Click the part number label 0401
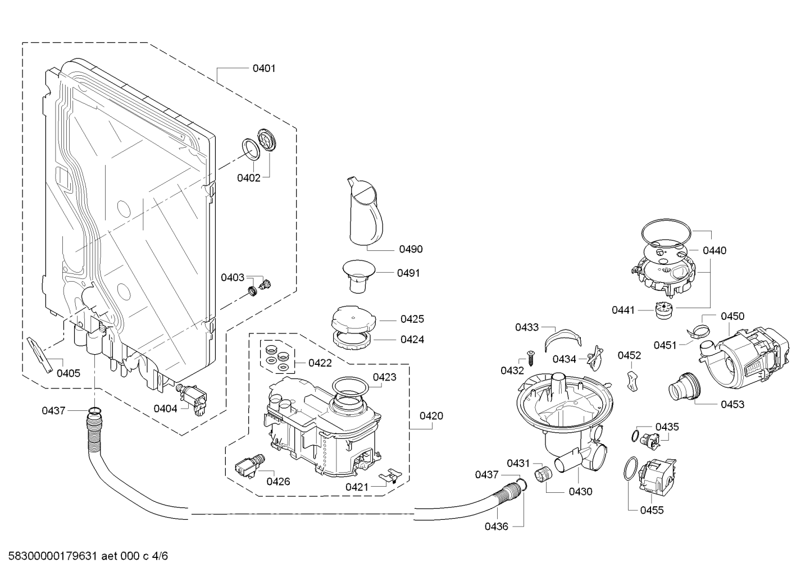point(263,68)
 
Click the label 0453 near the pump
point(733,404)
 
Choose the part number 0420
point(431,416)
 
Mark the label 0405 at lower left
point(68,373)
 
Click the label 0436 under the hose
point(496,526)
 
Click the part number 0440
point(715,250)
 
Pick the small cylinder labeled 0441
point(663,309)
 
